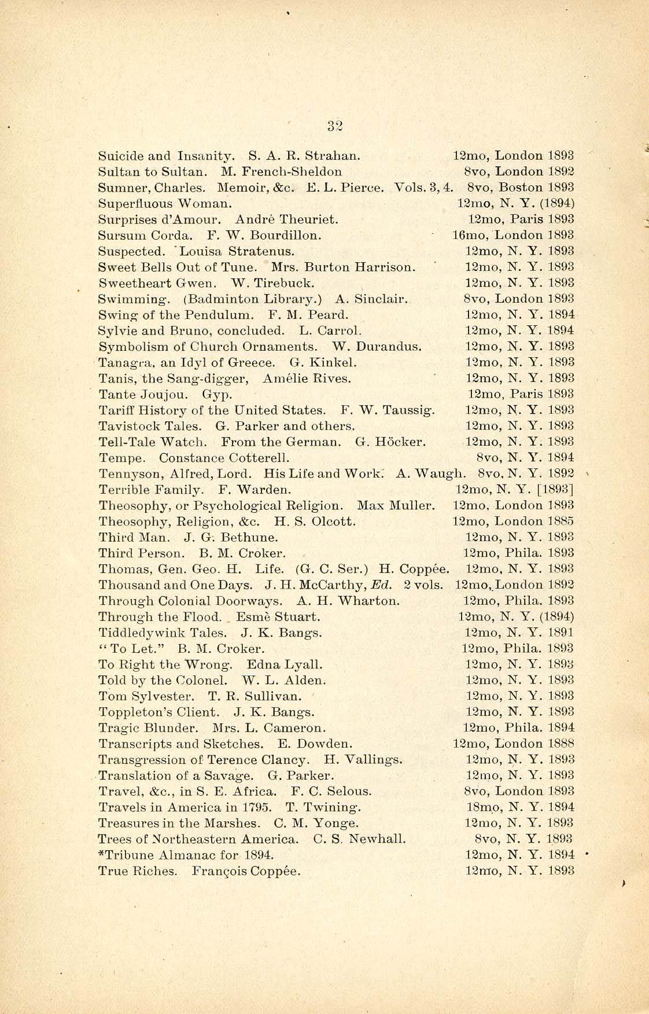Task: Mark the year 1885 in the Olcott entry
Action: [560, 521]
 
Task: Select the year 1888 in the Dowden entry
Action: [560, 744]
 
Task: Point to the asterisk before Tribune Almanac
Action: [102, 853]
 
